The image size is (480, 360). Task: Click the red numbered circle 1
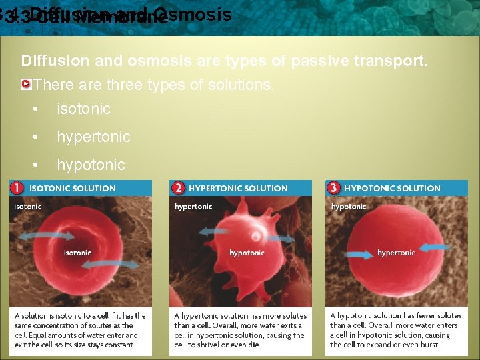tap(17, 188)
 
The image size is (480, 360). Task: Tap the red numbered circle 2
tap(177, 188)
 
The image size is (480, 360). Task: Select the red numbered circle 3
tap(334, 188)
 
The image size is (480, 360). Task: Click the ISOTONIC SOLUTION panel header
tap(72, 189)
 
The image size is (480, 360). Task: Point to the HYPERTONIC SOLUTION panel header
tap(238, 189)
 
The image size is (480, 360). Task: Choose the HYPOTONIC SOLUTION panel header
tap(392, 189)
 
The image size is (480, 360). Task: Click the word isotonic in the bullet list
tap(83, 109)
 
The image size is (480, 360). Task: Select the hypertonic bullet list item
tap(93, 137)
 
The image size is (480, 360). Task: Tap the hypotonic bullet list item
tap(91, 165)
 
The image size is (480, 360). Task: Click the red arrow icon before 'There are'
tap(26, 85)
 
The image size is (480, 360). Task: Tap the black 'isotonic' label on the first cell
tap(77, 253)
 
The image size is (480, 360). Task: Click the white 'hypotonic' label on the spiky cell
tap(247, 253)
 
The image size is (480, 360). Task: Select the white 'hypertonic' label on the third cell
tap(396, 253)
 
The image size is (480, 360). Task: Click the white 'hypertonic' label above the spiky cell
tap(193, 207)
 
